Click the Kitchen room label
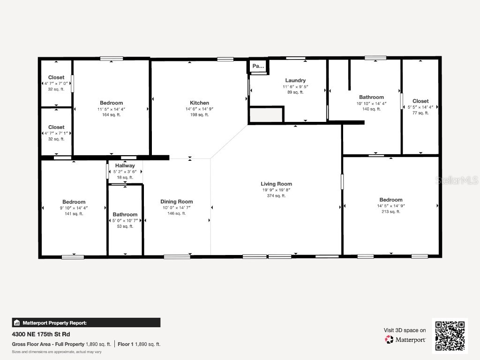tap(199, 103)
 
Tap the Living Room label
tap(277, 184)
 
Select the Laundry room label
tap(295, 81)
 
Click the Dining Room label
tap(177, 202)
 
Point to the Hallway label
tap(125, 165)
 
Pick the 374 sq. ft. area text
tap(277, 196)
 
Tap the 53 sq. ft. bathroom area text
tap(125, 226)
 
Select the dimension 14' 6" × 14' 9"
tap(199, 109)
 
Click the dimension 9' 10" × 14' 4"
tap(74, 208)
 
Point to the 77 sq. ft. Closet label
tap(420, 101)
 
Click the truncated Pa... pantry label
tap(258, 67)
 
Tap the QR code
tap(450, 336)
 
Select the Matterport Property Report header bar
tap(86, 322)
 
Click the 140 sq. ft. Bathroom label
tap(371, 97)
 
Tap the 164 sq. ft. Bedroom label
tap(111, 103)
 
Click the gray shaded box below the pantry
tap(266, 114)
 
